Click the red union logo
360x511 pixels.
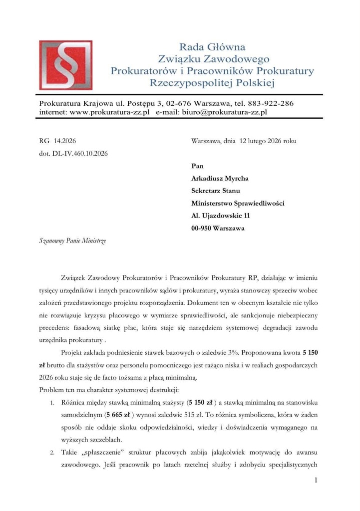66,65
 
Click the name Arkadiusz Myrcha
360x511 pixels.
221,178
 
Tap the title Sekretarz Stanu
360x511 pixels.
216,190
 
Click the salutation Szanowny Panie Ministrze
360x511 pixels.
72,241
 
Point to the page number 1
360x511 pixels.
317,481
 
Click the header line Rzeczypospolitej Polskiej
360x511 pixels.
212,83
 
